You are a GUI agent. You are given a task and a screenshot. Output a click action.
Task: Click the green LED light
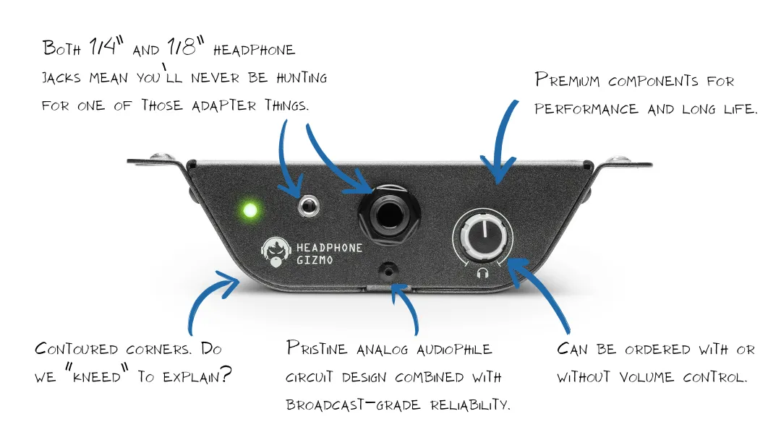pyautogui.click(x=250, y=211)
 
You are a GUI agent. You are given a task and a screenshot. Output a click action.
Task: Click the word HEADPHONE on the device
pyautogui.click(x=330, y=247)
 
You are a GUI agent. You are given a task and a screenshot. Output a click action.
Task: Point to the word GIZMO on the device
pyautogui.click(x=315, y=260)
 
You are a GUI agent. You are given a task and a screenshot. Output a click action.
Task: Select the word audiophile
pyautogui.click(x=454, y=350)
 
